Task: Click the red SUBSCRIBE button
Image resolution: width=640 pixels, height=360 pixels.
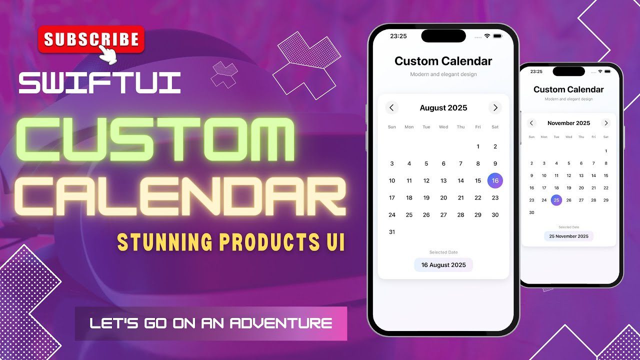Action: (x=91, y=39)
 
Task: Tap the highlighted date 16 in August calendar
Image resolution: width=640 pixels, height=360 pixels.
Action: (x=495, y=180)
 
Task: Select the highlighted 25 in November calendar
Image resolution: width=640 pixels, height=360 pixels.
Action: (x=556, y=200)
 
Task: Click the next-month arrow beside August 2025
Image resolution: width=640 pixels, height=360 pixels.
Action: (x=495, y=107)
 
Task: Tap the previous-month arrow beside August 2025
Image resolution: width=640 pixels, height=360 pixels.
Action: (x=391, y=107)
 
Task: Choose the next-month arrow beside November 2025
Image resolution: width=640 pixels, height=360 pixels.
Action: (x=605, y=123)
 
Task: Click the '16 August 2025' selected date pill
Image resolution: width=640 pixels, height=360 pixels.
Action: (x=443, y=265)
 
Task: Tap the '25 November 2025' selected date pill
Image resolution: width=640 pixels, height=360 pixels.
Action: (x=568, y=236)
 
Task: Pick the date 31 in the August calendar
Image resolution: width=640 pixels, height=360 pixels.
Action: (x=392, y=232)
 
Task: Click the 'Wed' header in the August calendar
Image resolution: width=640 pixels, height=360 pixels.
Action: (x=443, y=127)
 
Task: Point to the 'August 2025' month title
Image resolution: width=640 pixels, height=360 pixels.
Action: (x=443, y=107)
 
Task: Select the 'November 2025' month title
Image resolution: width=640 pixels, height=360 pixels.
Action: (x=568, y=123)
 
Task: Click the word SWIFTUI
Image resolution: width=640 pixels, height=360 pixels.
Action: (x=99, y=83)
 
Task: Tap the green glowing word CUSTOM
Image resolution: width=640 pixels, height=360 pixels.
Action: (x=155, y=139)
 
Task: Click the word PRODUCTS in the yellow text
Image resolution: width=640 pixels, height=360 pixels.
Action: (x=269, y=241)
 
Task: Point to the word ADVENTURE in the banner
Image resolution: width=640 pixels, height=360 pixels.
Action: (x=281, y=323)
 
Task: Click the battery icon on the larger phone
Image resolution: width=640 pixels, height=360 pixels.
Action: (x=497, y=36)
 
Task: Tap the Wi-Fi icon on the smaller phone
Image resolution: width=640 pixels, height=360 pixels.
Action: (x=600, y=71)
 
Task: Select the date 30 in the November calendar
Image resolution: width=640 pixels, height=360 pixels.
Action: (x=531, y=212)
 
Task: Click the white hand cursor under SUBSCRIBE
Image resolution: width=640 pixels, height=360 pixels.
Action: (x=108, y=54)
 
